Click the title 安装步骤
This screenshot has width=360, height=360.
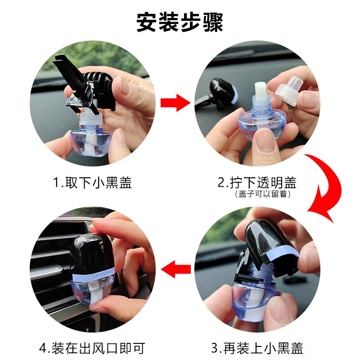click(180, 22)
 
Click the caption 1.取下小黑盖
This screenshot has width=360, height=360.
click(92, 183)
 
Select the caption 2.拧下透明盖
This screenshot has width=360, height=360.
click(257, 183)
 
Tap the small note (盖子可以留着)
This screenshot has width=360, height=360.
click(263, 194)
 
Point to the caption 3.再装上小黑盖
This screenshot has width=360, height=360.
click(257, 348)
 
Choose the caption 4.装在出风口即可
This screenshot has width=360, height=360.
click(92, 348)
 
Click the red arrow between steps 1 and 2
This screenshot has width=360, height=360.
click(175, 103)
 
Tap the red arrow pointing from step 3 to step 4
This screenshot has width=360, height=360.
click(176, 269)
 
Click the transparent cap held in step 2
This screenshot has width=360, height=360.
click(289, 91)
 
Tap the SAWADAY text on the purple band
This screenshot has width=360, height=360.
click(103, 274)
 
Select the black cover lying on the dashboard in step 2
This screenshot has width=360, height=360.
click(221, 92)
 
